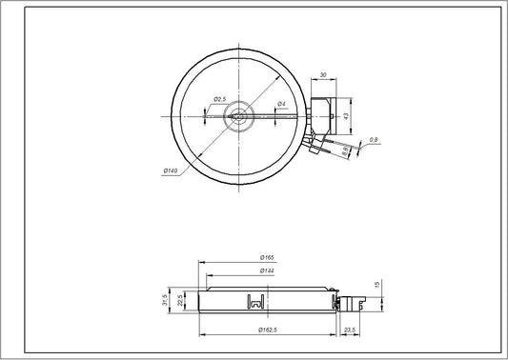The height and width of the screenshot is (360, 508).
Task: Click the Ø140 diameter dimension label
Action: tap(172, 170)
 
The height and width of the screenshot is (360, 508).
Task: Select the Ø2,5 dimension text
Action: tap(218, 99)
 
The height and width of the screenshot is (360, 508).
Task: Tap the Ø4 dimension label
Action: tap(282, 103)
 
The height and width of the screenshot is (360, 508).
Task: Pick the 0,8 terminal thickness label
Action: tap(374, 141)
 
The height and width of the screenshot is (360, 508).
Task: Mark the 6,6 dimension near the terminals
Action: tap(344, 152)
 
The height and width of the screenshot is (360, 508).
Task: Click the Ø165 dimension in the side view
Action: tap(268, 258)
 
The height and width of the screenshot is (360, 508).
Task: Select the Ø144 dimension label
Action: tap(268, 271)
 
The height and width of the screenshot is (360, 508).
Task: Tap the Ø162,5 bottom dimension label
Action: tap(269, 330)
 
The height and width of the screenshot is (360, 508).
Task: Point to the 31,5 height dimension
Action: tap(166, 300)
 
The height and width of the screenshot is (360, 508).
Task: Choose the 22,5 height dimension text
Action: tap(181, 301)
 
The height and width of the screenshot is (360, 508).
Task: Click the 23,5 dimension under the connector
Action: tap(349, 330)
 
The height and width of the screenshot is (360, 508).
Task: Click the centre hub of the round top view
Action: tap(238, 117)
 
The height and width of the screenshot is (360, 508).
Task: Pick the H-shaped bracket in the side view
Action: tap(254, 302)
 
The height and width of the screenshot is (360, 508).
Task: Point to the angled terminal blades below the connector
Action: tap(315, 143)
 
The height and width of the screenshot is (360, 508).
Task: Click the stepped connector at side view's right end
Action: tap(355, 302)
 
